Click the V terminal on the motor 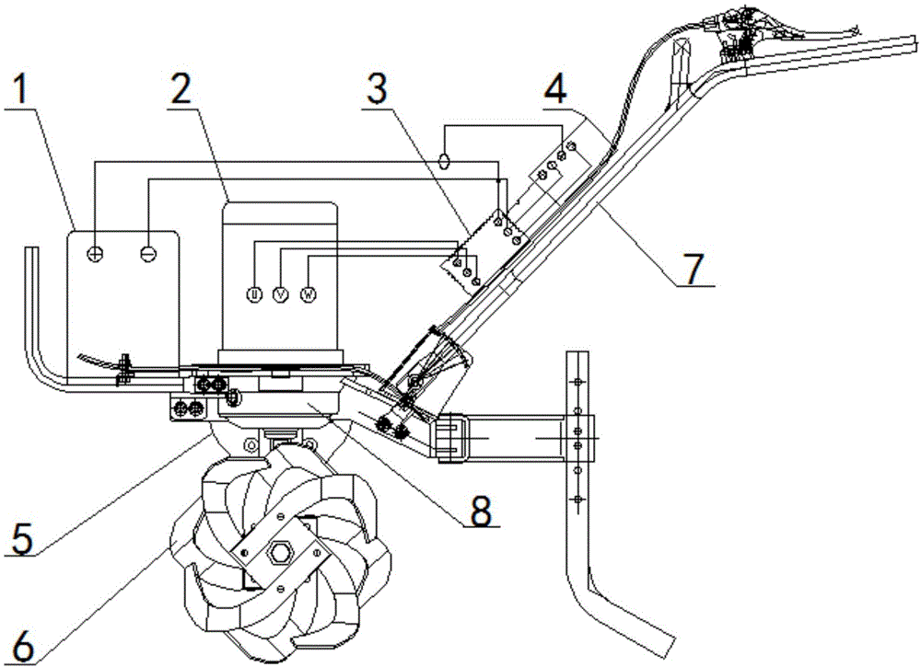click(281, 295)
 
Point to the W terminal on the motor click(310, 295)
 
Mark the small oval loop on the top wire click(444, 160)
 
